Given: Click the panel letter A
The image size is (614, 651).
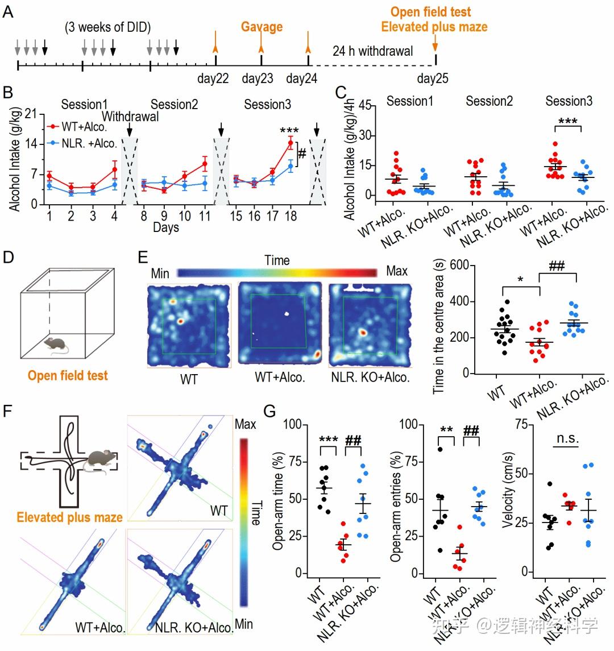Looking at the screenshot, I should (x=8, y=11).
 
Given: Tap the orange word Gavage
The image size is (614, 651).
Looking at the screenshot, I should (x=262, y=26).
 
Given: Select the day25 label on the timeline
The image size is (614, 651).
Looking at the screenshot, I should (x=432, y=78).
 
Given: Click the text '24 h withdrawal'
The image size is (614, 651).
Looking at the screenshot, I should (x=372, y=51).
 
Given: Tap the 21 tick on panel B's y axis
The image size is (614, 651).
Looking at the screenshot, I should (x=31, y=114).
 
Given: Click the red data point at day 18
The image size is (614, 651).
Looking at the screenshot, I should (x=291, y=143).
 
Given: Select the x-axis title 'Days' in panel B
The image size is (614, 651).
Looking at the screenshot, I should (x=165, y=227).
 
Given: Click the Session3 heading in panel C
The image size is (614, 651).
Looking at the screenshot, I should (x=569, y=101).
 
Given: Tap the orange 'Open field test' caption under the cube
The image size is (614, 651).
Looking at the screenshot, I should (x=68, y=375).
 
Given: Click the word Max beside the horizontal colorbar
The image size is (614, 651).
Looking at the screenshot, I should (x=396, y=271).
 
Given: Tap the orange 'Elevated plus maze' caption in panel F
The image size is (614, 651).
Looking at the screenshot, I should (x=69, y=517).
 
